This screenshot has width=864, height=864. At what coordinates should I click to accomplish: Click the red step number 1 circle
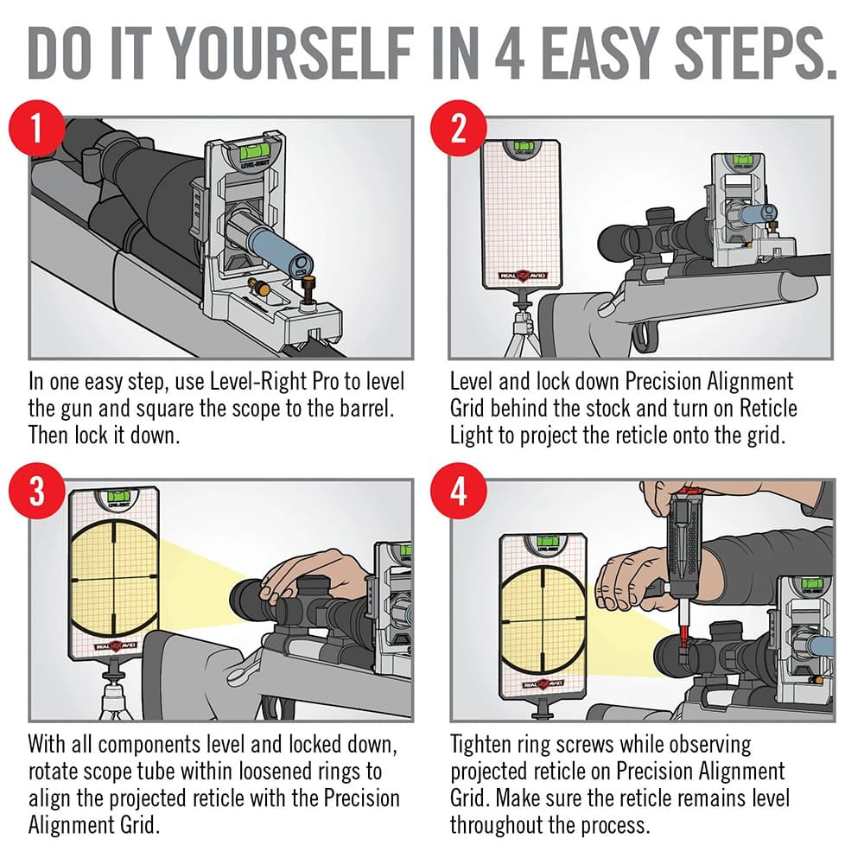tap(37, 129)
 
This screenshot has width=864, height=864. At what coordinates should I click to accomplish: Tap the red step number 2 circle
tap(458, 129)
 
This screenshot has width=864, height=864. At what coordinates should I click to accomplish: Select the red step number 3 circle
tap(37, 491)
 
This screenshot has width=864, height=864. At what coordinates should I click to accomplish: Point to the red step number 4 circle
tap(458, 491)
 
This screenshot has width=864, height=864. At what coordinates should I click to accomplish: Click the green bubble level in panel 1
tap(255, 148)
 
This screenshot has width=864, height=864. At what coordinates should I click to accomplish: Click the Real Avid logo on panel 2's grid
tap(521, 275)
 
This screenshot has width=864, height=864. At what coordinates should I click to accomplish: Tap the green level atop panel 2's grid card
tap(523, 147)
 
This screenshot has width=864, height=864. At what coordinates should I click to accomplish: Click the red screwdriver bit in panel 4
tap(683, 622)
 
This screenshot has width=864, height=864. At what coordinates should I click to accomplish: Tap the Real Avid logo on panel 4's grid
tap(543, 684)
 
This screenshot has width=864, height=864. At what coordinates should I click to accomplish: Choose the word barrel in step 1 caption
tap(363, 410)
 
